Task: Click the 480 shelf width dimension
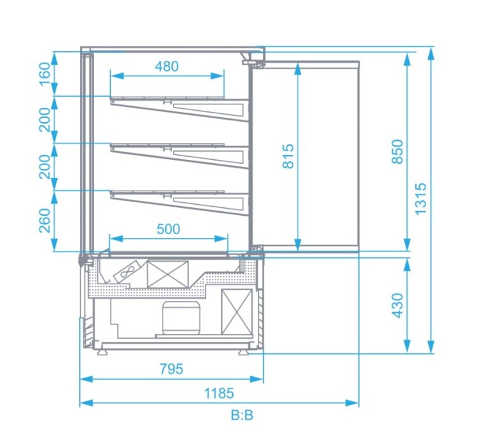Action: (x=166, y=66)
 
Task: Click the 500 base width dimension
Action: (x=168, y=228)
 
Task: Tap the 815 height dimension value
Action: (x=288, y=156)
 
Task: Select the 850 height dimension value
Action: (x=397, y=152)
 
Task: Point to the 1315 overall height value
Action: (x=420, y=199)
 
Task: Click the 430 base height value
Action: (x=397, y=305)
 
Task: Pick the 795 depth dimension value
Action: (x=172, y=369)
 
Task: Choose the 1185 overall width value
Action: (x=219, y=393)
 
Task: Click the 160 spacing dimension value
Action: (x=45, y=74)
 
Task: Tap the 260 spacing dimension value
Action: (x=45, y=221)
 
